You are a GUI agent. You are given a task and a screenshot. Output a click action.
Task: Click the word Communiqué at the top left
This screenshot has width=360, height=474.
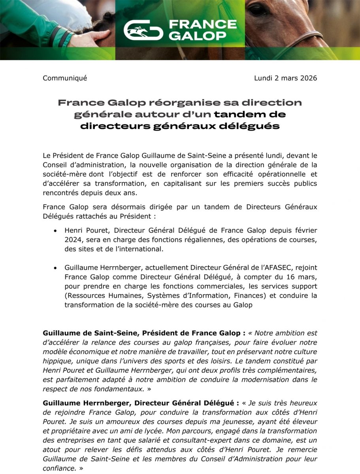point(65,78)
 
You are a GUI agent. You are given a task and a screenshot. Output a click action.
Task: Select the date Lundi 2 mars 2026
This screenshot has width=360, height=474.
point(285,78)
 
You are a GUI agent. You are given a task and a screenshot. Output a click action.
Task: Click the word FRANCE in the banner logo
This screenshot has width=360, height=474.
point(203,25)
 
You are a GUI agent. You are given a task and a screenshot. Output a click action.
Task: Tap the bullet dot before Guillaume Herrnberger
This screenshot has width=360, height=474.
point(56,268)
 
